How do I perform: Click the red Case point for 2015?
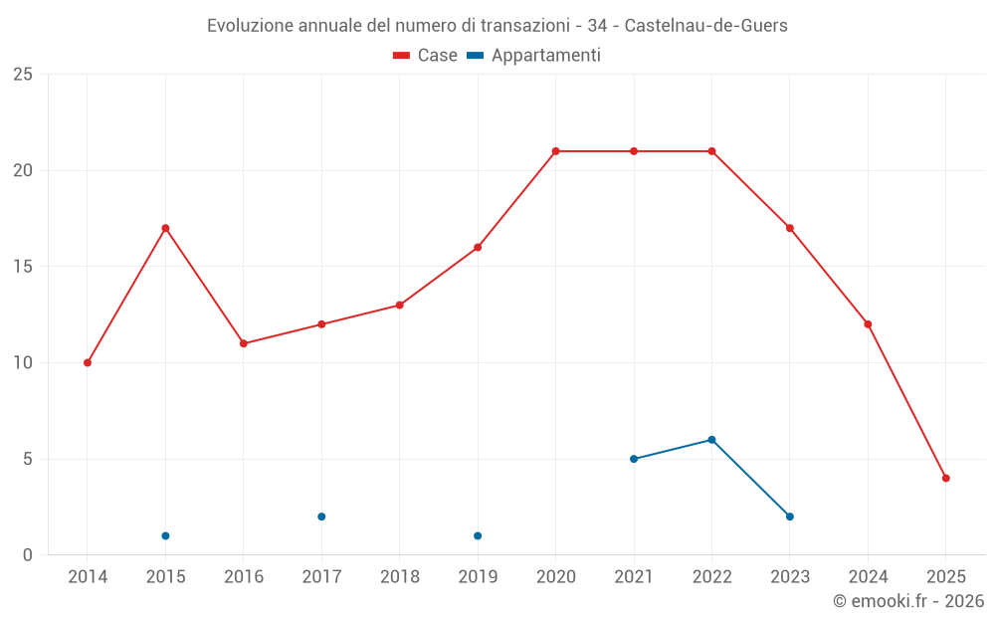click(165, 228)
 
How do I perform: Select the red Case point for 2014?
click(88, 362)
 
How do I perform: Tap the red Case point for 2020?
click(555, 151)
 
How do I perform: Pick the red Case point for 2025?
click(945, 478)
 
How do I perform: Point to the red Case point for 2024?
click(868, 323)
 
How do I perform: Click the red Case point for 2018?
click(399, 305)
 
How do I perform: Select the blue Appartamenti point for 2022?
click(711, 439)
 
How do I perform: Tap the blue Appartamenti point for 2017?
click(321, 517)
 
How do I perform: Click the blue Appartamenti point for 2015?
click(165, 535)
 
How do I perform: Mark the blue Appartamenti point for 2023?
click(789, 517)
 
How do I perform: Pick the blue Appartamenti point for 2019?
click(478, 535)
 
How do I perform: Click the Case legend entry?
click(426, 56)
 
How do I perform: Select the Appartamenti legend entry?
click(534, 56)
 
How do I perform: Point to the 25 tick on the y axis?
click(23, 75)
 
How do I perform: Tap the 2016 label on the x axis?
click(244, 577)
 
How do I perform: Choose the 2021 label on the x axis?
click(634, 577)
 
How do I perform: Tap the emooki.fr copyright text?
click(907, 601)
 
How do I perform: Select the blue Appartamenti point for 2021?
click(634, 459)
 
